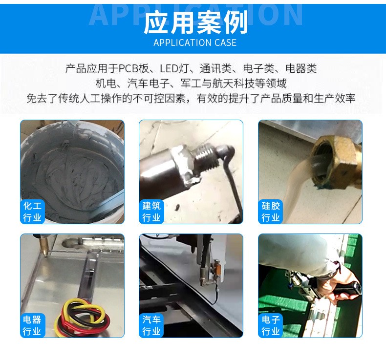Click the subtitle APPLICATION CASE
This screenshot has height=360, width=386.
[195, 42]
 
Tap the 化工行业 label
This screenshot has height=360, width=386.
[32, 212]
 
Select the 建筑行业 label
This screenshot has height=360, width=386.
[151, 212]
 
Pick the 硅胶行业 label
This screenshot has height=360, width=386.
[270, 212]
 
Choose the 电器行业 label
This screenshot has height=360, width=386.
[32, 325]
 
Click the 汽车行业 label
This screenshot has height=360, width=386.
[151, 325]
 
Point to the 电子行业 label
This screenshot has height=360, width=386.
[270, 325]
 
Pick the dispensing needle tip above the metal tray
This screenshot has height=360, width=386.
[43, 251]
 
